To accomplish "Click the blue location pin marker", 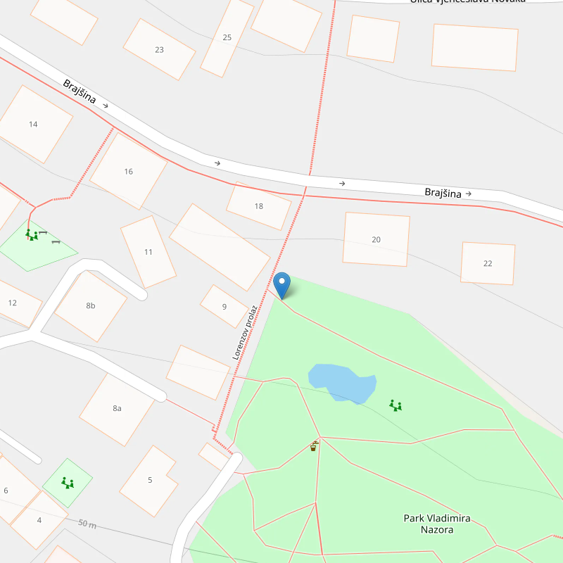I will pyautogui.click(x=281, y=284).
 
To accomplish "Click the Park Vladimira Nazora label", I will pyautogui.click(x=436, y=524).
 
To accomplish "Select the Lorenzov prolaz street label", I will pyautogui.click(x=245, y=332).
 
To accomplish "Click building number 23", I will pyautogui.click(x=159, y=49).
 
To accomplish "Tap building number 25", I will pyautogui.click(x=227, y=37).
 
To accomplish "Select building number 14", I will pyautogui.click(x=33, y=125).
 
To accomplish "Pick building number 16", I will pyautogui.click(x=128, y=172).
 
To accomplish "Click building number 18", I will pyautogui.click(x=258, y=206).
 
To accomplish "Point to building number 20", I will pyautogui.click(x=376, y=240).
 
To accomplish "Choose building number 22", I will pyautogui.click(x=488, y=263).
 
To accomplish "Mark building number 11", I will pyautogui.click(x=148, y=252).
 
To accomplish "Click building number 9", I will pyautogui.click(x=224, y=306).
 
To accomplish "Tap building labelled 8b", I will pyautogui.click(x=91, y=305).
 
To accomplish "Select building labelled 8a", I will pyautogui.click(x=117, y=408).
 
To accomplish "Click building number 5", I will pyautogui.click(x=149, y=480).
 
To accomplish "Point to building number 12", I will pyautogui.click(x=13, y=303).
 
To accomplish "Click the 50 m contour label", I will pyautogui.click(x=87, y=525).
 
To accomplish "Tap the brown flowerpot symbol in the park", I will pyautogui.click(x=313, y=446).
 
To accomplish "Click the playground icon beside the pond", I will pyautogui.click(x=396, y=405).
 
